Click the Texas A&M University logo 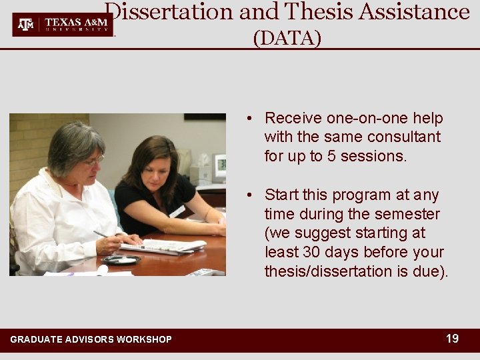(63, 25)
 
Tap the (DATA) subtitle (287, 39)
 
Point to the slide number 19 (452, 339)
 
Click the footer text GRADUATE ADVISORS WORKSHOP (91, 340)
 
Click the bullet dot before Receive (247, 119)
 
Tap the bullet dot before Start (247, 195)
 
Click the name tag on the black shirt (177, 211)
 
